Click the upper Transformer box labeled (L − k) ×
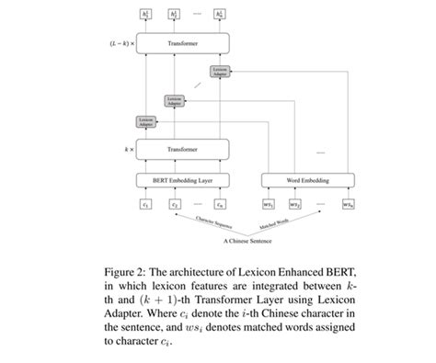pyautogui.click(x=182, y=43)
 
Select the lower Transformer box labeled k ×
pyautogui.click(x=182, y=148)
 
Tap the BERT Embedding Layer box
pyautogui.click(x=182, y=180)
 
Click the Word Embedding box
pyautogui.click(x=308, y=180)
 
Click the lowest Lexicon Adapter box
pyautogui.click(x=145, y=120)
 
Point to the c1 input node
pyautogui.click(x=145, y=204)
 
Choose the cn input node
pyautogui.click(x=220, y=204)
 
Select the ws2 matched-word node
pyautogui.click(x=296, y=204)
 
